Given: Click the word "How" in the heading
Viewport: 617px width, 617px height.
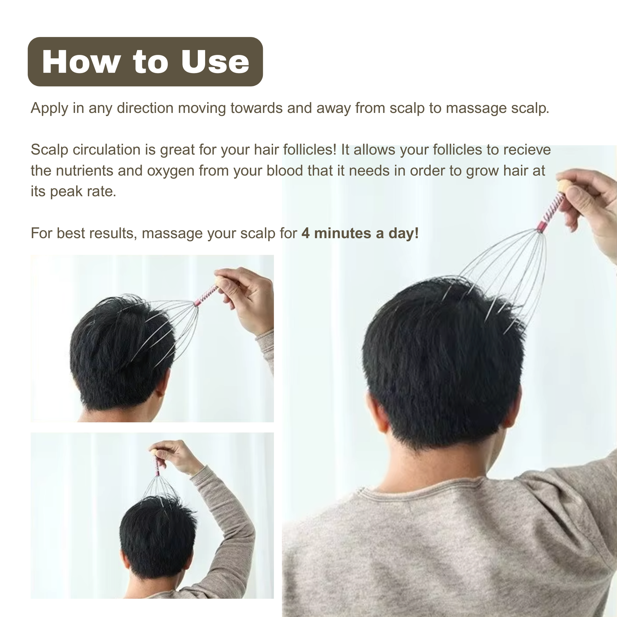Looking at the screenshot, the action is pos(81,62).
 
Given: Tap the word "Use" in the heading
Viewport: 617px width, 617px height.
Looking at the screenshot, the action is pos(215,62).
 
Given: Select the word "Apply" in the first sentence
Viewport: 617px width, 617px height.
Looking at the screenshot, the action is pos(49,108).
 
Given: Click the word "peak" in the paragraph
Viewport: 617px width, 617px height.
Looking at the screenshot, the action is pos(65,192).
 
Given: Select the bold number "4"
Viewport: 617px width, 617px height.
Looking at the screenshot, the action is pos(306,233).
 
